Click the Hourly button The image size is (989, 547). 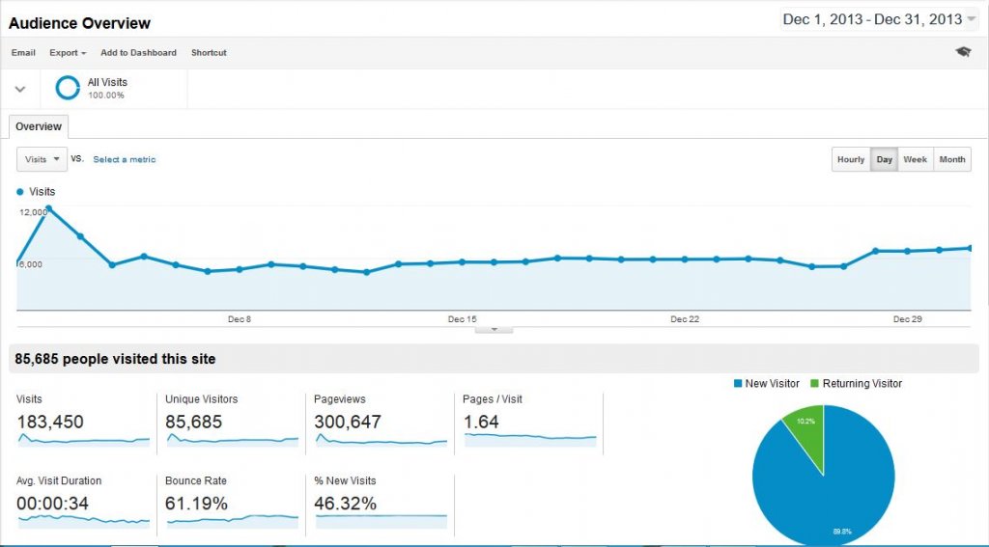851,160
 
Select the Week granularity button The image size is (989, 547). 916,160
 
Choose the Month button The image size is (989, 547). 952,160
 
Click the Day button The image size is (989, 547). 885,160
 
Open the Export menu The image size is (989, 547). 68,53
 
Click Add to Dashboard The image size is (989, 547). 138,53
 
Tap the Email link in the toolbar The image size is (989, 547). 23,53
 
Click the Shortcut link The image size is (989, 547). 209,53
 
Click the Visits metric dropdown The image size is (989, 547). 42,159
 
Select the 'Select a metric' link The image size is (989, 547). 124,160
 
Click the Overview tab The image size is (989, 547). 39,126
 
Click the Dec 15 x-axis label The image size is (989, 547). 463,319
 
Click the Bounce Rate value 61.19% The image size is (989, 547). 197,504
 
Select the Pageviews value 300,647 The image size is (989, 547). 348,422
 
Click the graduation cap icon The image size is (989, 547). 963,52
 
